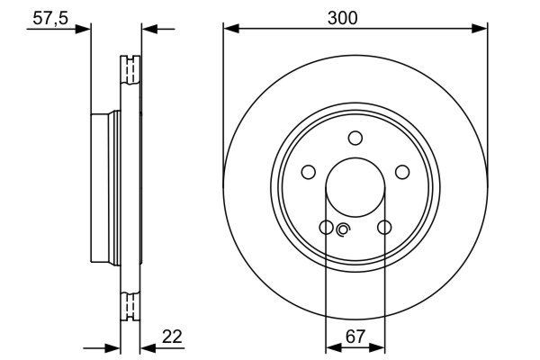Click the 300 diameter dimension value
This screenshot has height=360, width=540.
click(355, 16)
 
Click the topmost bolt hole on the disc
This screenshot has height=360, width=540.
click(355, 138)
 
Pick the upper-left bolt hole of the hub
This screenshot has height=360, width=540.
click(308, 172)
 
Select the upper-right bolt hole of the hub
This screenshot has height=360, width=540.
click(402, 172)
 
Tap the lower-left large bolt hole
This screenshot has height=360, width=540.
click(326, 227)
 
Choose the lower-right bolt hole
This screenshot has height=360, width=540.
click(384, 227)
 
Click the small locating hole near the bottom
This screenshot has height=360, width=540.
click(342, 231)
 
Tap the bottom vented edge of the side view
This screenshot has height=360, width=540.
click(131, 306)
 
